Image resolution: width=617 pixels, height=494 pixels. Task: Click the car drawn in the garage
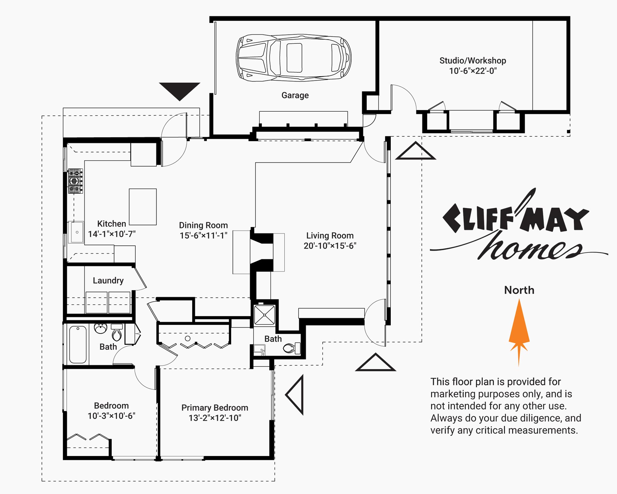tap(294, 58)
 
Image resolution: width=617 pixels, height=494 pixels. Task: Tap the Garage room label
tap(295, 95)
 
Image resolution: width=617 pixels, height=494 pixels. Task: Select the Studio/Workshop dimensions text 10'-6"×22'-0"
tap(473, 71)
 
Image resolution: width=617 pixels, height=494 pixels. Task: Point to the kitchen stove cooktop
tap(76, 181)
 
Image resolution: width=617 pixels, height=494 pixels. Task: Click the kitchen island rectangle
tap(143, 207)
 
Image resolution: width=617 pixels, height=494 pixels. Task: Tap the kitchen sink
tap(77, 232)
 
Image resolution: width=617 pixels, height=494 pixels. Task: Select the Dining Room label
tap(203, 225)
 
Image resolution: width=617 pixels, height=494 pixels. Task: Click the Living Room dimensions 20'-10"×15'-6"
tap(330, 246)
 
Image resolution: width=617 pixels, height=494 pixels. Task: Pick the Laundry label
tap(108, 280)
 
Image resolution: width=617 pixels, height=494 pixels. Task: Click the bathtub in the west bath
tap(78, 344)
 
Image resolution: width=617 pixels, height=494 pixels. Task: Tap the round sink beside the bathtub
tap(101, 328)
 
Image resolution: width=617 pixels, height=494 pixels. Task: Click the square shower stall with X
tap(264, 315)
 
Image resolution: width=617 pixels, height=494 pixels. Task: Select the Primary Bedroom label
tap(215, 407)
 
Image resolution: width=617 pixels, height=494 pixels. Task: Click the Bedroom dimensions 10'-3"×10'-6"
tap(112, 416)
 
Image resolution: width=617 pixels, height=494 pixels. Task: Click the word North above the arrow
tap(519, 290)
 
